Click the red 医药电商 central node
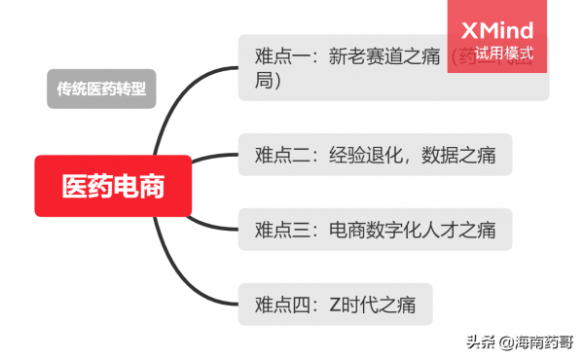112,186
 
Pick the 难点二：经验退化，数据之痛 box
375,154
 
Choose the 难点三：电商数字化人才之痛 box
375,230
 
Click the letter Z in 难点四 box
334,305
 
